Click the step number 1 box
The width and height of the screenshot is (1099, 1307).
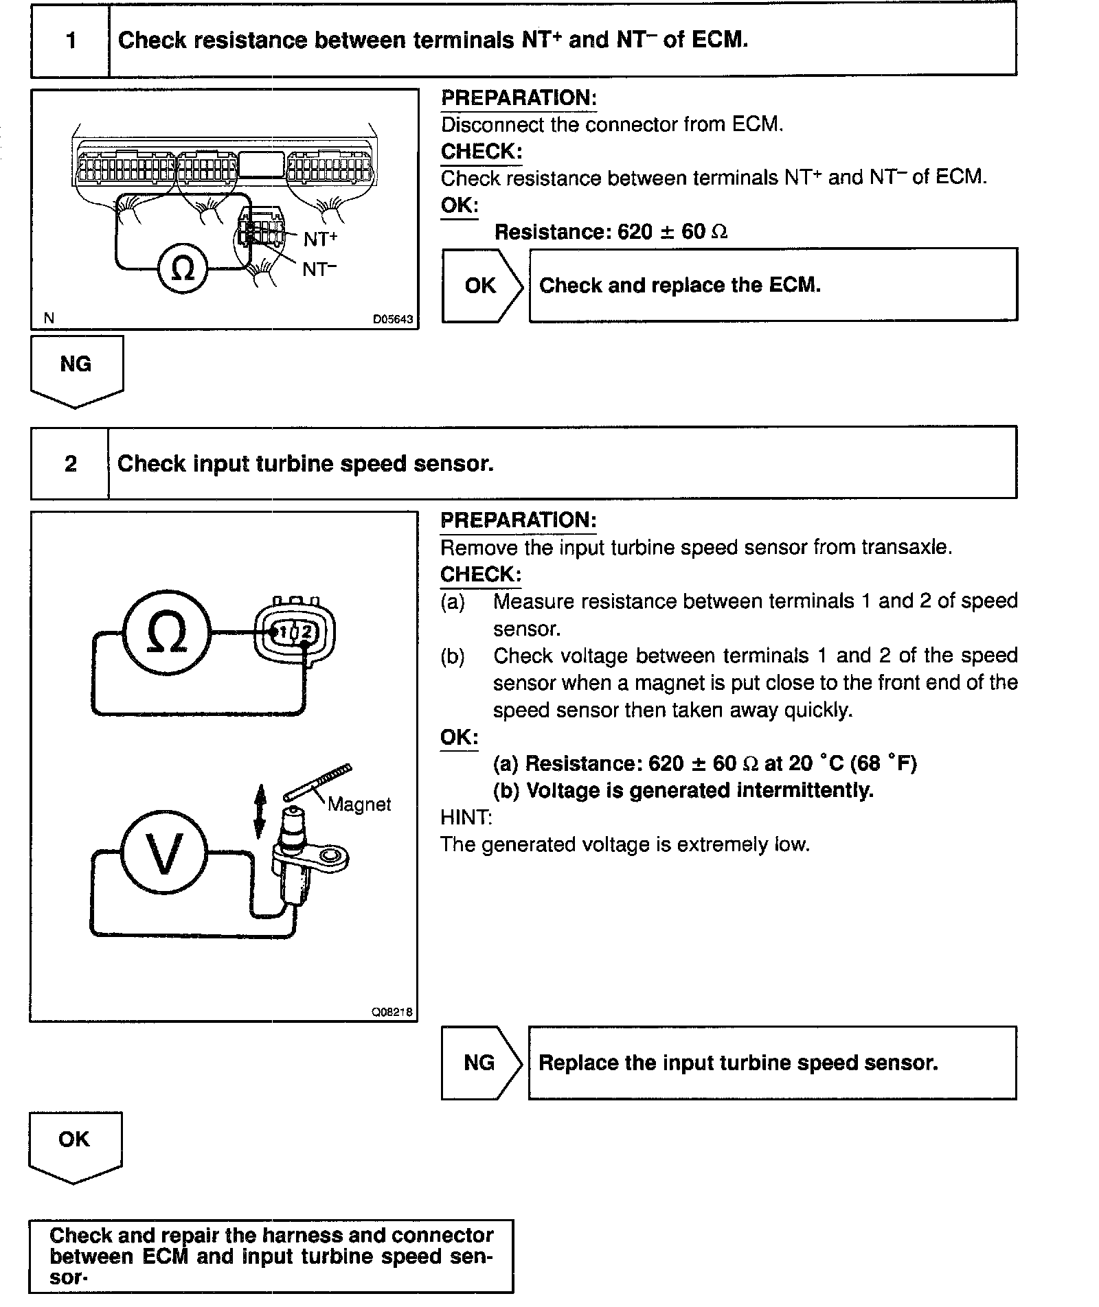[x=71, y=40]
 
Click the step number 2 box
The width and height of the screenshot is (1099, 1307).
[x=70, y=464]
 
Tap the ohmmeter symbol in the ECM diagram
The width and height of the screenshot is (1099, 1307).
[x=182, y=269]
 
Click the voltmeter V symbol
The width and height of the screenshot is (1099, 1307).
[x=164, y=854]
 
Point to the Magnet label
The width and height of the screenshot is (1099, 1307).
[x=359, y=805]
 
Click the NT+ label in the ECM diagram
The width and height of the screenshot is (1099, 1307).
[x=320, y=239]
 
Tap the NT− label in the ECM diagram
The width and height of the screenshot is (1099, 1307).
[x=320, y=269]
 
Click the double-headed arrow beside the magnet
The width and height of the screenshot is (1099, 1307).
[x=260, y=812]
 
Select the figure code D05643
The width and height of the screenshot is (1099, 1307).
[x=393, y=319]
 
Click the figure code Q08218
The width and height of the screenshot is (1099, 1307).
[x=392, y=1013]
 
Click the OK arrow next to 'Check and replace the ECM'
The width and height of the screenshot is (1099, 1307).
[x=481, y=286]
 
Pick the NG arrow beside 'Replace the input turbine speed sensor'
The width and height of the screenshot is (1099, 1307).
[x=481, y=1063]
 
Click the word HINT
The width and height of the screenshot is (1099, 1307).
[x=466, y=818]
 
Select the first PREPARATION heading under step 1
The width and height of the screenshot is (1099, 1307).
[x=519, y=98]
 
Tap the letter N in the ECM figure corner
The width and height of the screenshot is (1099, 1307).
[x=49, y=318]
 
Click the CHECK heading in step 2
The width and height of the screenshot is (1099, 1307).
[x=481, y=575]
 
